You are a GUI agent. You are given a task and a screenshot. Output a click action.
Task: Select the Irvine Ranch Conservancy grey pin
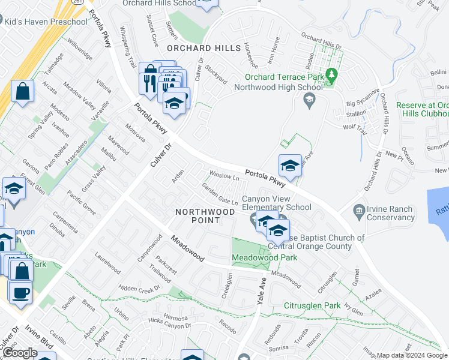(x=359, y=211)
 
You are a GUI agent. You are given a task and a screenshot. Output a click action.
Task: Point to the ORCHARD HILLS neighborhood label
(x=197, y=48)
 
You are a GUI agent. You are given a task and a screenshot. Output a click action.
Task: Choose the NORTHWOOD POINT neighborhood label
(x=205, y=216)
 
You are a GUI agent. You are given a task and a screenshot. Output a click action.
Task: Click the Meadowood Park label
(x=265, y=258)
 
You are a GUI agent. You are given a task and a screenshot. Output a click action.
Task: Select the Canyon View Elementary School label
(x=277, y=203)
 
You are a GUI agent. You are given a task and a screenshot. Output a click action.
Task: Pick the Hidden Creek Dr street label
(x=140, y=289)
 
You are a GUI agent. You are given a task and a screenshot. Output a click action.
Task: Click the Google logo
(x=19, y=353)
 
